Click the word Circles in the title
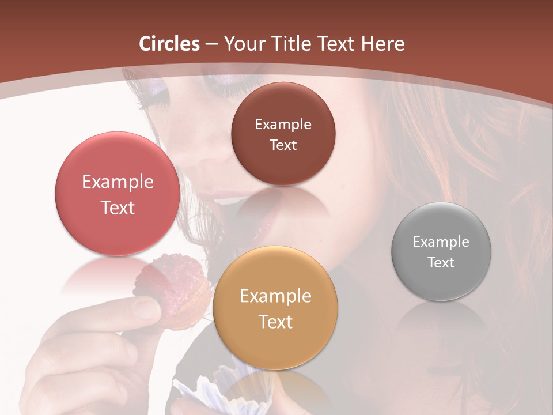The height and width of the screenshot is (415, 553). [x=169, y=44]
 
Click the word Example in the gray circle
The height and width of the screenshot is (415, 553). [x=441, y=242]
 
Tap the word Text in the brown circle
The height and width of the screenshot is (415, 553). [x=283, y=145]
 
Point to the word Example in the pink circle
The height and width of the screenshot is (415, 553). [x=118, y=182]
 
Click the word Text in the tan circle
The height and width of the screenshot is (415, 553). [x=275, y=322]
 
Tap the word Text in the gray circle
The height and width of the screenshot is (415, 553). [x=441, y=263]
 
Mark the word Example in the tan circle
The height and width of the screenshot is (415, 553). [x=275, y=296]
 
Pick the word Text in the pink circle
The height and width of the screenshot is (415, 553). [x=118, y=207]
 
